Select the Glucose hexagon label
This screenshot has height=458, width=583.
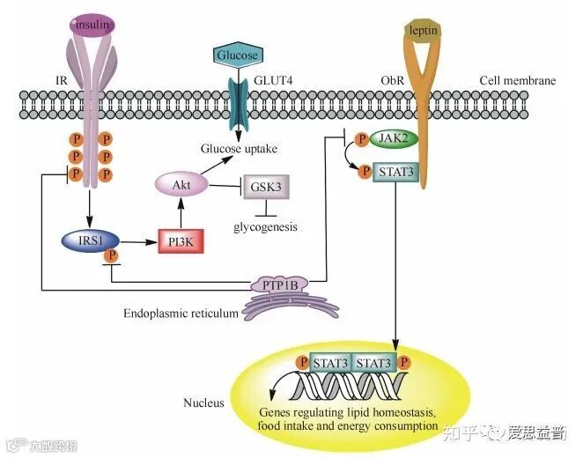pos(238,55)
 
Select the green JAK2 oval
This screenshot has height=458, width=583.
pos(391,139)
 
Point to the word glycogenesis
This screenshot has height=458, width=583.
pos(265,226)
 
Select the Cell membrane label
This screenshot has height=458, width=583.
pos(517,81)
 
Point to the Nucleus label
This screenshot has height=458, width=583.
pos(203,403)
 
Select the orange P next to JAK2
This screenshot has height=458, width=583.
pos(360,139)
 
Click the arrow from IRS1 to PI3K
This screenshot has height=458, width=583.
pos(131,240)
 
